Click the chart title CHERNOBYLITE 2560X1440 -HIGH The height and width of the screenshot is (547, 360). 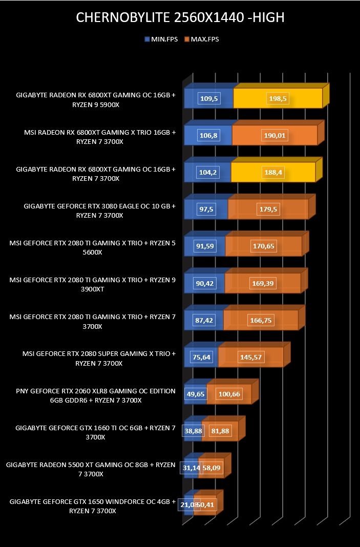coord(180,17)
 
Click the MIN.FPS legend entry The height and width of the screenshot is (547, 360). coord(161,39)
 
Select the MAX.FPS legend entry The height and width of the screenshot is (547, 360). coord(202,39)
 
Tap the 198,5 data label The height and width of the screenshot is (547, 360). coord(278,99)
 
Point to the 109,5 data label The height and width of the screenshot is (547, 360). coord(209,99)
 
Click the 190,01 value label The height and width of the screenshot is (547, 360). coord(274,135)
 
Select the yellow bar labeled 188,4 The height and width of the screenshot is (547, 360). coord(273,172)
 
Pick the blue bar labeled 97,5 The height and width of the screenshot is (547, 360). coord(206,209)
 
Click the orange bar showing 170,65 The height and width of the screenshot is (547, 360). coord(263,246)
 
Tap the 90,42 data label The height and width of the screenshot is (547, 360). coord(205,283)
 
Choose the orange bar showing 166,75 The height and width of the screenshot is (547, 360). coord(261,320)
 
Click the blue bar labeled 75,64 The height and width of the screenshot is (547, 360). coord(201,357)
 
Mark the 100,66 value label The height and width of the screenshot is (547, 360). coord(229,394)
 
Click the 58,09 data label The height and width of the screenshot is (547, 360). coord(211,468)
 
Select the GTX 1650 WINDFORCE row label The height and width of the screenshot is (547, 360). coord(93,506)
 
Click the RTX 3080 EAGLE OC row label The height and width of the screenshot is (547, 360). coord(100,211)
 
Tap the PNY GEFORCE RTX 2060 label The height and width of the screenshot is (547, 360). coord(96,395)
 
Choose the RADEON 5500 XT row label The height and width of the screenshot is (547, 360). coord(91,469)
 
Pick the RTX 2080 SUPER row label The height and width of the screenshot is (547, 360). coord(99,359)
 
